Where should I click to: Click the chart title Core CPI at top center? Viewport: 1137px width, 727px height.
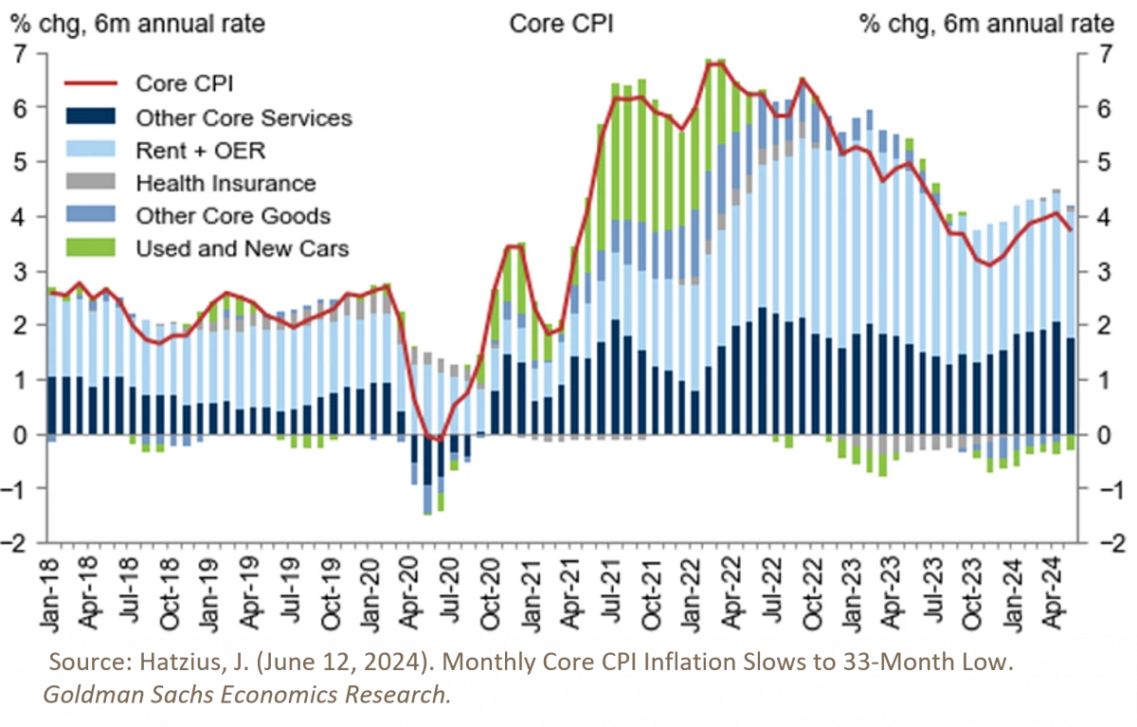pyautogui.click(x=561, y=24)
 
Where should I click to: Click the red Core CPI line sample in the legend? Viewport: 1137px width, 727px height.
pyautogui.click(x=88, y=82)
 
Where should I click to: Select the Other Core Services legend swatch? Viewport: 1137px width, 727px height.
pyautogui.click(x=88, y=118)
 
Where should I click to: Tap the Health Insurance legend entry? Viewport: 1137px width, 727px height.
pyautogui.click(x=226, y=183)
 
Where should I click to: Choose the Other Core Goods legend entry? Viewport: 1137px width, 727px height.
pyautogui.click(x=232, y=215)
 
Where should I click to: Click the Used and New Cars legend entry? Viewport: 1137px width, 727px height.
pyautogui.click(x=242, y=248)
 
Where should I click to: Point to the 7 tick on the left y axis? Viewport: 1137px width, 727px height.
pyautogui.click(x=20, y=53)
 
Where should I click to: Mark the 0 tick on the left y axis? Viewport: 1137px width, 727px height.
pyautogui.click(x=20, y=434)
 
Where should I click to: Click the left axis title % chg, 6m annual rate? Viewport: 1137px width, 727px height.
pyautogui.click(x=137, y=24)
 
